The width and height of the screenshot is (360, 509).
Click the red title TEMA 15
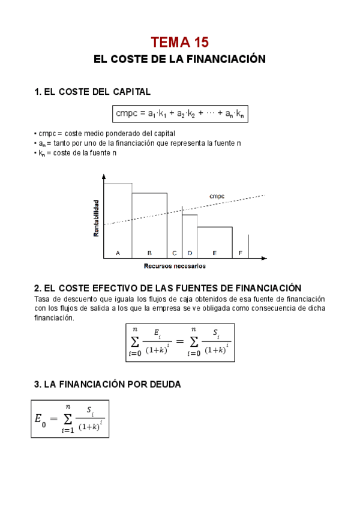pos(180,42)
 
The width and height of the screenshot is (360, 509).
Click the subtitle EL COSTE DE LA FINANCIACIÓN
pos(180,59)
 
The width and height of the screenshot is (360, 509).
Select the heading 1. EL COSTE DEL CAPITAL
pos(92,92)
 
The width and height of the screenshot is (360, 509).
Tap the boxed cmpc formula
pos(180,113)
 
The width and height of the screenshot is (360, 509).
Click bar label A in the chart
pos(118,253)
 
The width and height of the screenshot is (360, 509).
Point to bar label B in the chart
pos(149,253)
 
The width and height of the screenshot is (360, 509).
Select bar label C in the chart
pos(174,253)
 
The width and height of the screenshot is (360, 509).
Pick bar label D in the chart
pos(190,253)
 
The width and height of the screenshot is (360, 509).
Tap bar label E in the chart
pos(214,253)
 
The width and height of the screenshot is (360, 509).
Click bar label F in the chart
pos(240,253)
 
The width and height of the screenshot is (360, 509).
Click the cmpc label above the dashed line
pos(217,196)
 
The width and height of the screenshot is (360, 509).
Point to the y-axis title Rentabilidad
pos(96,217)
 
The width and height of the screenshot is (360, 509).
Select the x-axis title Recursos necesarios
pos(175,265)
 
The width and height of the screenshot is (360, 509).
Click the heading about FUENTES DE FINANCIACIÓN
pos(168,288)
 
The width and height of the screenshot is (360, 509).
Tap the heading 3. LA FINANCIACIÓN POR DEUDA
pos(107,384)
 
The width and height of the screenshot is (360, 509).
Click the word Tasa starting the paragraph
pos(42,299)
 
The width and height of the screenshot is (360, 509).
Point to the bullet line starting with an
pos(138,143)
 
